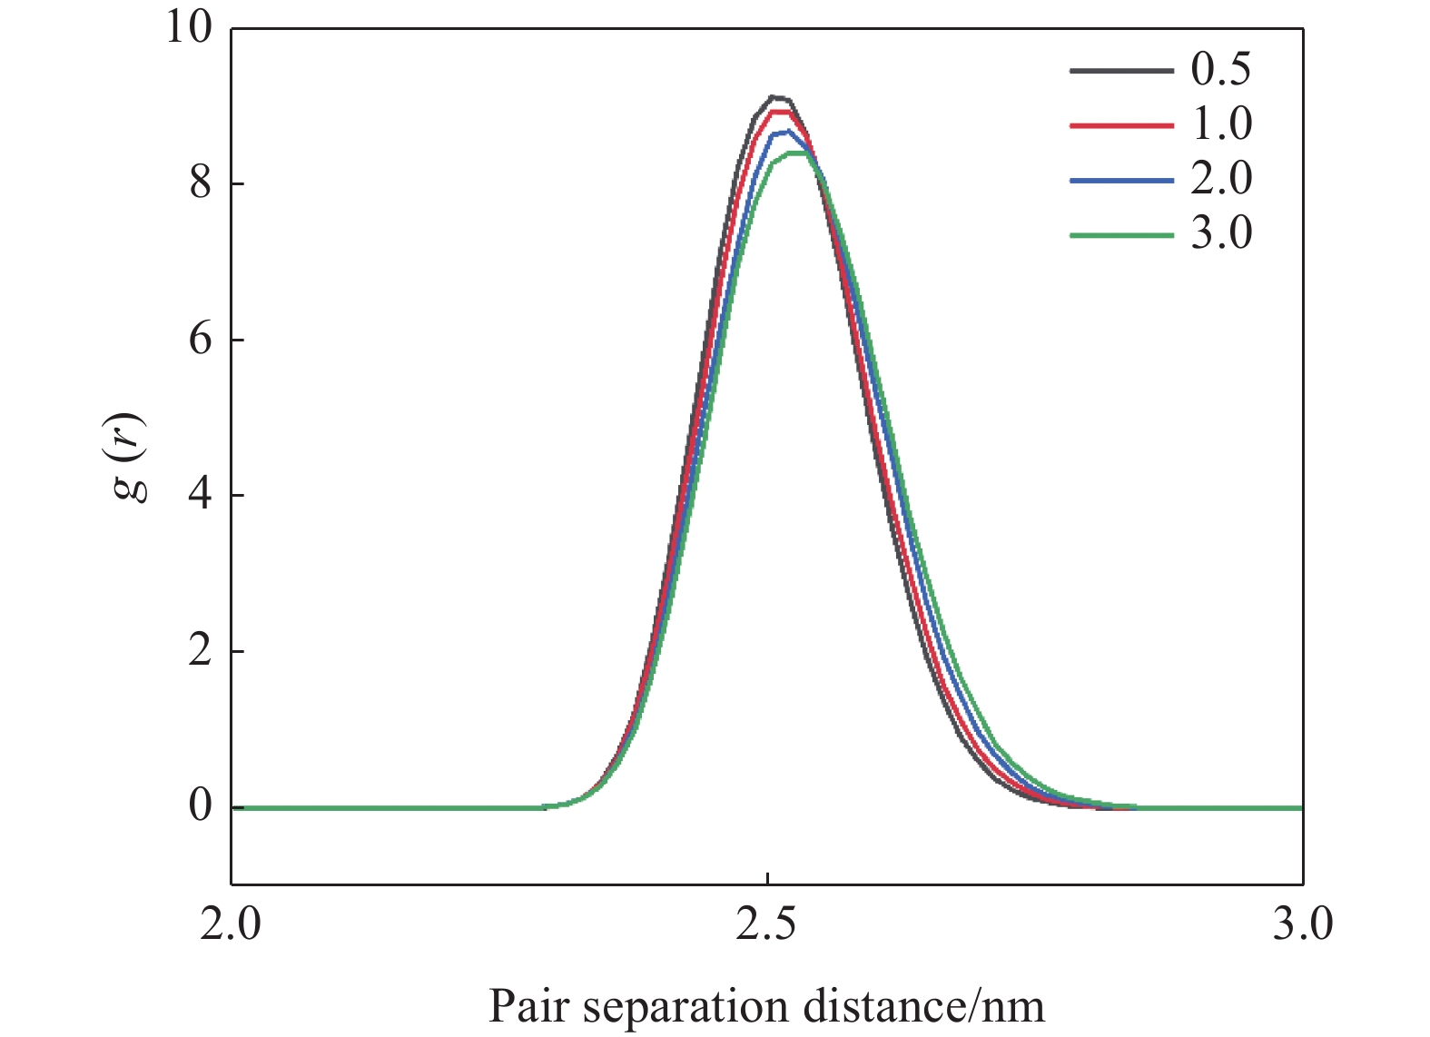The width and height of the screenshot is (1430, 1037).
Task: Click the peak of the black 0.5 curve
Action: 774,96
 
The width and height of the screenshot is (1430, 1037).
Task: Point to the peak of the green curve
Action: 797,153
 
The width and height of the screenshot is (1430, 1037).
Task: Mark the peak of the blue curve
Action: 787,132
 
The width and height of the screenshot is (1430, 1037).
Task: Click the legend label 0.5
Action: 1220,69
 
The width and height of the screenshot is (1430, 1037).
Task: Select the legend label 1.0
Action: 1220,123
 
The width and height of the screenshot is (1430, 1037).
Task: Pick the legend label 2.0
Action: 1220,178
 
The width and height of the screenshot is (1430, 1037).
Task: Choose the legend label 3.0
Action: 1220,233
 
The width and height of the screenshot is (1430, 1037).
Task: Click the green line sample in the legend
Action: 1121,235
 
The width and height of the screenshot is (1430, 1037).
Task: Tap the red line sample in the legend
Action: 1121,125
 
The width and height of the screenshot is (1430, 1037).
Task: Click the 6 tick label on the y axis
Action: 200,340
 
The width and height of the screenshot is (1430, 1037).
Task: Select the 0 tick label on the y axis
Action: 200,805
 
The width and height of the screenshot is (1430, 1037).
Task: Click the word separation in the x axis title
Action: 685,1007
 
